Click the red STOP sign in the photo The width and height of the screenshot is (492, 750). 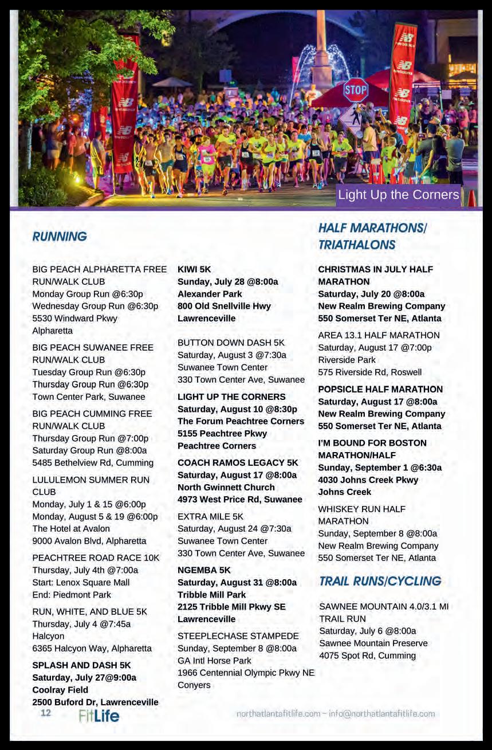click(x=356, y=91)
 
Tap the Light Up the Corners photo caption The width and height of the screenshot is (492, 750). click(x=399, y=195)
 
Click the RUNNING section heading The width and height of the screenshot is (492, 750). click(x=60, y=237)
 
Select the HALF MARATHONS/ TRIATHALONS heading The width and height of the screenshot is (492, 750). click(x=373, y=236)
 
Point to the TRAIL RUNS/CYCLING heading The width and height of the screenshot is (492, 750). click(x=380, y=581)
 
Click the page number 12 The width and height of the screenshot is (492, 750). click(x=46, y=713)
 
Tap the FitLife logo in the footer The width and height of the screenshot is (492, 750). click(x=99, y=716)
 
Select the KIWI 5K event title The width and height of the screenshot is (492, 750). click(x=194, y=269)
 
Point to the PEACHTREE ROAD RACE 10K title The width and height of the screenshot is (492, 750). click(x=96, y=557)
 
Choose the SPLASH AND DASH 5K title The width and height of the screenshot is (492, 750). click(x=81, y=665)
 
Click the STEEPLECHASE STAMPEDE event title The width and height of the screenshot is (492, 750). click(x=238, y=636)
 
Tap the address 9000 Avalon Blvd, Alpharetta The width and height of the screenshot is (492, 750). click(x=89, y=541)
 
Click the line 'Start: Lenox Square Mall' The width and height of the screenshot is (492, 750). click(x=81, y=582)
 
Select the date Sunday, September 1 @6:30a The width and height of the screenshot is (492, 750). click(x=380, y=468)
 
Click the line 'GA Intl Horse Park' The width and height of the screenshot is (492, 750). click(x=214, y=661)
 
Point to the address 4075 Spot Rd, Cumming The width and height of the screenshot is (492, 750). click(x=367, y=655)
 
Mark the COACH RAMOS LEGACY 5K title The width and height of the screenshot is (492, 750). click(x=238, y=462)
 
